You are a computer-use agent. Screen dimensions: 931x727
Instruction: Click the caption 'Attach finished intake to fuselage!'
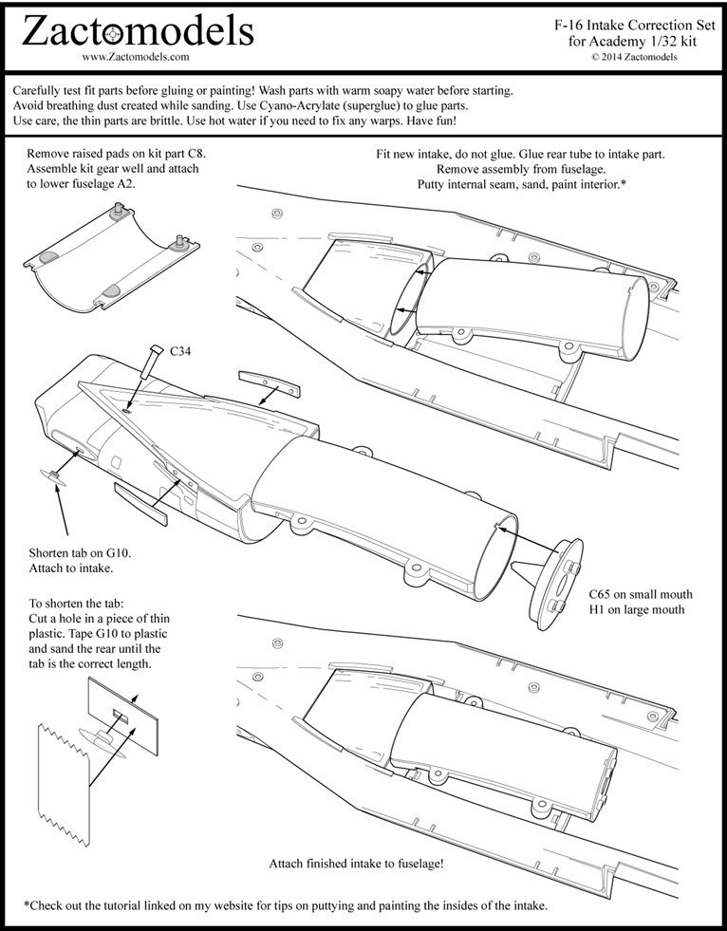point(356,864)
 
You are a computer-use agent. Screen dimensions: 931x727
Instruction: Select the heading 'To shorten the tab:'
point(77,603)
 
